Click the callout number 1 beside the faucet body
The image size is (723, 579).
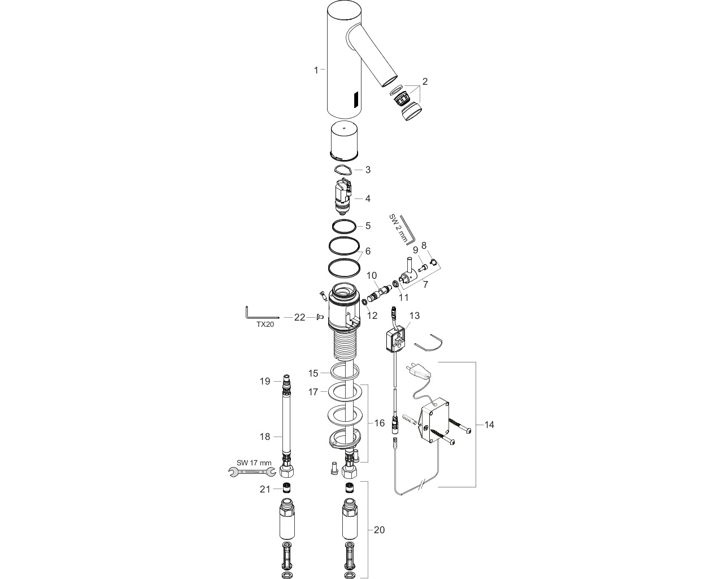coord(316,70)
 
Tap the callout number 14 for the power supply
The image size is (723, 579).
coord(489,425)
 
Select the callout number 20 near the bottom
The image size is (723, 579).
coord(380,530)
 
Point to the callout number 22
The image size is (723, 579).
coord(300,317)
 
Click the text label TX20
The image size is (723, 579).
coord(265,325)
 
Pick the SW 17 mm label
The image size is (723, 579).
coord(254,463)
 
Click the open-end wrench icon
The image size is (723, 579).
coord(252,472)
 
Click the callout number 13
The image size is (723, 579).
coord(415,316)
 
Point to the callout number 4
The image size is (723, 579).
coord(368,198)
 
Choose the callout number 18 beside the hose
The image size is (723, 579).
coord(265,437)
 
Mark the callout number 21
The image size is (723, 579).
coord(265,489)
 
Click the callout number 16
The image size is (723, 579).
coord(380,423)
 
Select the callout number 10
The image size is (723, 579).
coord(372,275)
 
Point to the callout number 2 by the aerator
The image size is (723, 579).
coord(425,81)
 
